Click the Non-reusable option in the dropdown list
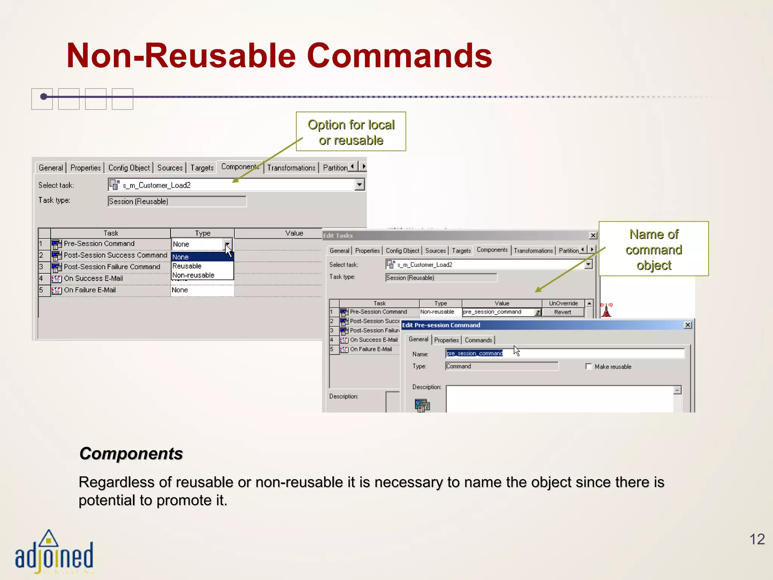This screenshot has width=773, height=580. pos(193,275)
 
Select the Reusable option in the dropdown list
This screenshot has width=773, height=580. pos(187,266)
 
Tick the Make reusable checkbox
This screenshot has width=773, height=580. pos(588,366)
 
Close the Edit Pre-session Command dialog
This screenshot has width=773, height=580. pos(688,325)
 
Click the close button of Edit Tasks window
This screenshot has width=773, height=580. pos(593,236)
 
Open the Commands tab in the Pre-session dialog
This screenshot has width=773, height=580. pos(478,340)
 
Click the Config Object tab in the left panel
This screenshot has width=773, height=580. pos(129,168)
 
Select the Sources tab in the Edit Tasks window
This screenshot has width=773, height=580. pos(435,251)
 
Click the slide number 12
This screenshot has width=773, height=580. pos(757,539)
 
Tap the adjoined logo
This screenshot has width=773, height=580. pos(54,554)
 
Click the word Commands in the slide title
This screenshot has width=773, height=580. pos(399,56)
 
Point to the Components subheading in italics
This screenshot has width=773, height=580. pos(131,454)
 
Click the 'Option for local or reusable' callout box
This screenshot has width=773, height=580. pos(351,132)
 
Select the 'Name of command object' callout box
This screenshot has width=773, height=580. pos(653,249)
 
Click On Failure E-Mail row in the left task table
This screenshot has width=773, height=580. pos(90,290)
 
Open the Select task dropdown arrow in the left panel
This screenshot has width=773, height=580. pos(360,185)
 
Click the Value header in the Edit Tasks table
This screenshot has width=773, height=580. pos(502,303)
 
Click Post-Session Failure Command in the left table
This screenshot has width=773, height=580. pos(112,267)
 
